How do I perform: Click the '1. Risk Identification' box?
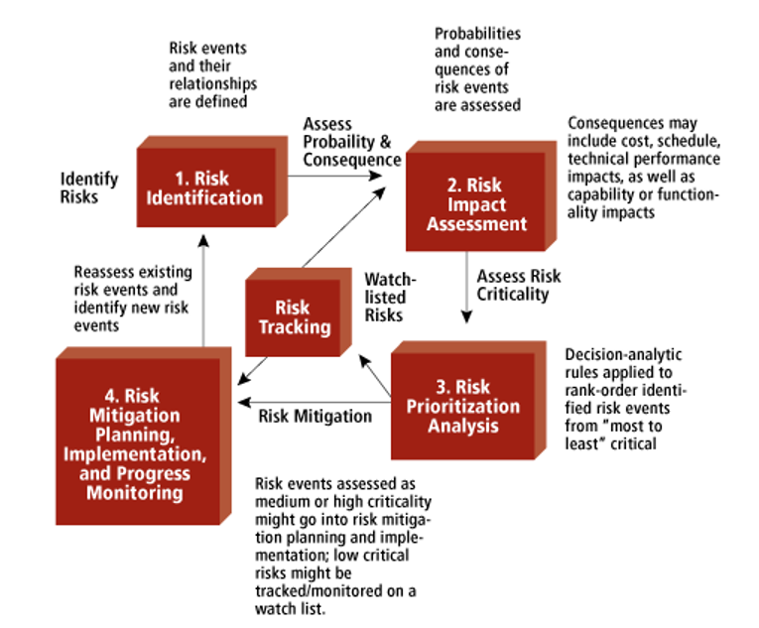(x=212, y=182)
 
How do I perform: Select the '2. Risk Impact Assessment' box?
(x=480, y=196)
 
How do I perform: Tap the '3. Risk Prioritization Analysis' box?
(x=468, y=401)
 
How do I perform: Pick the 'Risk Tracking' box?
(x=299, y=313)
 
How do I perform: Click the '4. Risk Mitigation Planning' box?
(x=143, y=436)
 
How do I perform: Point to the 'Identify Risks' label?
(x=89, y=188)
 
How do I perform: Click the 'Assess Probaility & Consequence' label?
(x=352, y=142)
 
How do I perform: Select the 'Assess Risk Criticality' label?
(x=519, y=285)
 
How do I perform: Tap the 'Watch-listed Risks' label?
(x=390, y=298)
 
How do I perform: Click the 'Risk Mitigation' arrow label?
(x=316, y=417)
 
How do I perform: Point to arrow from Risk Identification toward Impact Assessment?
(x=335, y=176)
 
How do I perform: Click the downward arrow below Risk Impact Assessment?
(x=466, y=287)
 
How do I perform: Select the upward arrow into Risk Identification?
(x=203, y=291)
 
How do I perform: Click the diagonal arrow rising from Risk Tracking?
(x=344, y=227)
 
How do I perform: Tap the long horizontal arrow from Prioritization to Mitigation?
(x=315, y=403)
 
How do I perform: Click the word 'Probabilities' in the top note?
(x=477, y=34)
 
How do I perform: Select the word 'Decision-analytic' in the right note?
(x=623, y=355)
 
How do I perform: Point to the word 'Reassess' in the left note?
(x=100, y=272)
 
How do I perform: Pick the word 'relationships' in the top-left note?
(x=213, y=83)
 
